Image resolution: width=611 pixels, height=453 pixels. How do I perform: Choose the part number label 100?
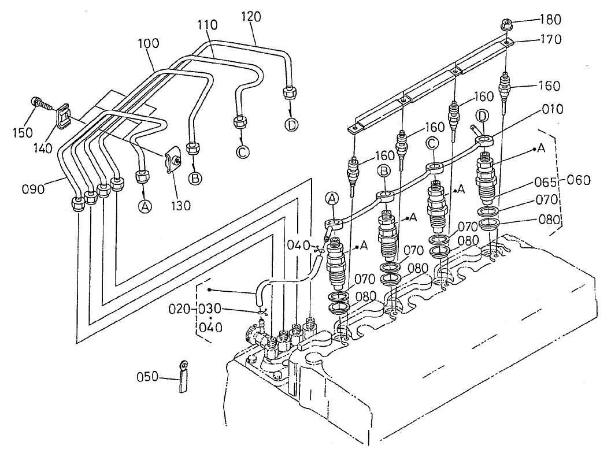point(149,44)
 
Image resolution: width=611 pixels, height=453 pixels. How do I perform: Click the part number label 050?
point(148,378)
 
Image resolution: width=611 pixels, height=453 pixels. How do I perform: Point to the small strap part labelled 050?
point(183,376)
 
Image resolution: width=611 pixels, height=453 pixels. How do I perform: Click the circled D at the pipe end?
point(291,124)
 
